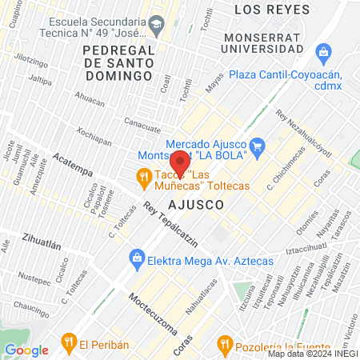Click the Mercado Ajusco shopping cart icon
[x=257, y=146]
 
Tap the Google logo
[x=26, y=349]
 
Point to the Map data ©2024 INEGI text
[x=312, y=354]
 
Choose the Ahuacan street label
[x=89, y=102]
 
